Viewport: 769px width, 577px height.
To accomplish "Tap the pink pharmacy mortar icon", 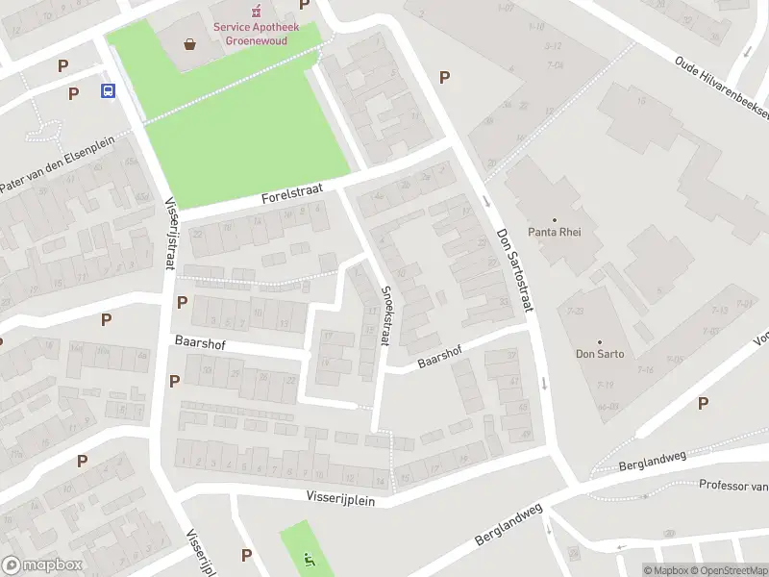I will pyautogui.click(x=256, y=12).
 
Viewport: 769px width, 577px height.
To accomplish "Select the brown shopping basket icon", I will pyautogui.click(x=190, y=43).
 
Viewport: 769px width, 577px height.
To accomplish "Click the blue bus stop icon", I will pyautogui.click(x=108, y=91).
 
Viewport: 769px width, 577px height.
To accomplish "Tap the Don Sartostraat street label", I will pyautogui.click(x=514, y=269).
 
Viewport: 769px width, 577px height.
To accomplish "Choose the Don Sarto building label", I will pyautogui.click(x=601, y=354).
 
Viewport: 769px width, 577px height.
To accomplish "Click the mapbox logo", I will pyautogui.click(x=43, y=565).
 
